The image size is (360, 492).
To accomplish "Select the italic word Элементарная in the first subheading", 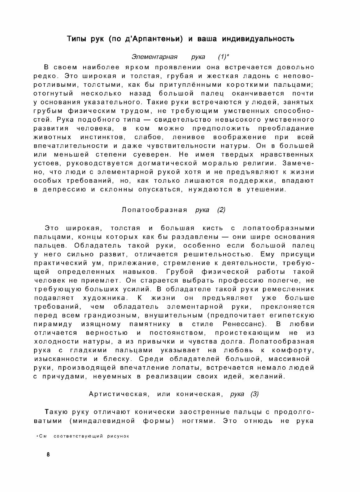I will [154, 57].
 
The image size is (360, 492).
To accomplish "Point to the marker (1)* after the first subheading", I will [223, 57].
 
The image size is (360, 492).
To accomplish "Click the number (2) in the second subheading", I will [221, 210].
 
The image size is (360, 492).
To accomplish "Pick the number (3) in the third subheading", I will [254, 394].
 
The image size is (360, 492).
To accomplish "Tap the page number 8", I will [48, 455].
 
